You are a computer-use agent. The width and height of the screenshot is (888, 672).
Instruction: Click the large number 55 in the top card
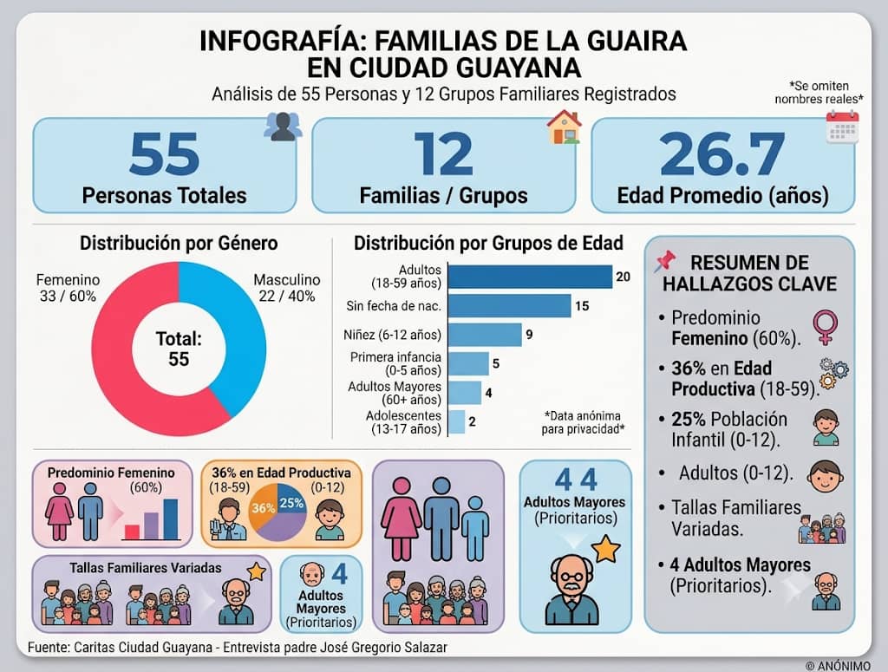[164, 153]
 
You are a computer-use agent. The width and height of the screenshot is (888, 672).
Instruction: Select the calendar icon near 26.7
[842, 127]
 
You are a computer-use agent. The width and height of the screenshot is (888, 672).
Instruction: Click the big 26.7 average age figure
[722, 153]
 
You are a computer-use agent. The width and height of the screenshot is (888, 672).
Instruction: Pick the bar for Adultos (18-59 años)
[530, 277]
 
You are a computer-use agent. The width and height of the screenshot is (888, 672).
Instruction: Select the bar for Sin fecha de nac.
[509, 306]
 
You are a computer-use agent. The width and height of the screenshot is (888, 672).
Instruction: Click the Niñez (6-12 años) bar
[485, 335]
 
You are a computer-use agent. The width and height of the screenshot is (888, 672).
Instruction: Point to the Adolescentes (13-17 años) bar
[456, 421]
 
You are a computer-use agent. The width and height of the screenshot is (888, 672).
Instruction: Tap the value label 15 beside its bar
[582, 306]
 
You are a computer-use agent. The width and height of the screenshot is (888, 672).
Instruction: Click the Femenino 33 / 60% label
[68, 288]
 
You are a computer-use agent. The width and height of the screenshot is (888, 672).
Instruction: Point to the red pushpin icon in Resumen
[665, 260]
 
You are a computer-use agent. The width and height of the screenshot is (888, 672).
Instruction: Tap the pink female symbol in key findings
[826, 327]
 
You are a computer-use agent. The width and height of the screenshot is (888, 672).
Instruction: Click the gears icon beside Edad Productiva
[833, 373]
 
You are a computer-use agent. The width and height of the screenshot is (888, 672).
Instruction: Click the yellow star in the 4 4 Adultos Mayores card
[606, 549]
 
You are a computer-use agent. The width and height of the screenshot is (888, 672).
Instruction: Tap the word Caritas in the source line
[94, 647]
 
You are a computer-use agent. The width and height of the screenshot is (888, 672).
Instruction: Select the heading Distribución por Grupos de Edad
[488, 244]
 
